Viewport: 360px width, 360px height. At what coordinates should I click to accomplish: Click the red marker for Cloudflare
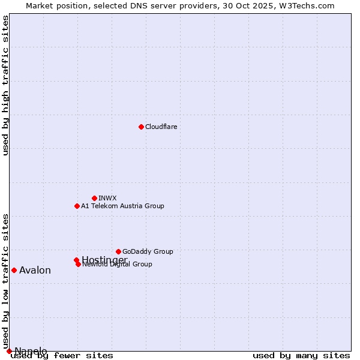point(141,127)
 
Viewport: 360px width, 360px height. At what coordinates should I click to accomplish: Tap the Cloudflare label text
point(161,127)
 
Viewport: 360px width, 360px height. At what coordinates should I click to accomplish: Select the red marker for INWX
point(94,198)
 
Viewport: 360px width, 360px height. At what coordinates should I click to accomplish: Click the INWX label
point(107,198)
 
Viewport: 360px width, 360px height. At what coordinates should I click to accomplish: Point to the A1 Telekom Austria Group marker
point(77,206)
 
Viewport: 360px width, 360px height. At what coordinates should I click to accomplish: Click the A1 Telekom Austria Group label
point(122,206)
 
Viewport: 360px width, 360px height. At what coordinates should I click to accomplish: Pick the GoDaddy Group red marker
point(118,251)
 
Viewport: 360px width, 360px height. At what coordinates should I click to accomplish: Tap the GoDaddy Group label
point(148,251)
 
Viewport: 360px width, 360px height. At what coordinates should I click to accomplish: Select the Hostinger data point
point(76,260)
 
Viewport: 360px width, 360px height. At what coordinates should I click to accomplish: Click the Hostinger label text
point(104,259)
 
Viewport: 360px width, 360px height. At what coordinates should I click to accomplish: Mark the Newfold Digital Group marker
point(78,264)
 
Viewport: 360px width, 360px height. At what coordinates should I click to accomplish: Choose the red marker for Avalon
point(14,270)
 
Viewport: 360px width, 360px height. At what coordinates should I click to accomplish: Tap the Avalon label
point(35,270)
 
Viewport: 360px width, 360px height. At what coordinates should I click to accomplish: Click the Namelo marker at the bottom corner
point(9,351)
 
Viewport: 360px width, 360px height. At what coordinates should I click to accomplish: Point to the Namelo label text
point(31,351)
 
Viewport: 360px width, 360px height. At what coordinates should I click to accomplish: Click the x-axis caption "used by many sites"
point(301,356)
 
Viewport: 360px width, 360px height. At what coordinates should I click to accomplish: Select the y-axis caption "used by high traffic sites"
point(5,85)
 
